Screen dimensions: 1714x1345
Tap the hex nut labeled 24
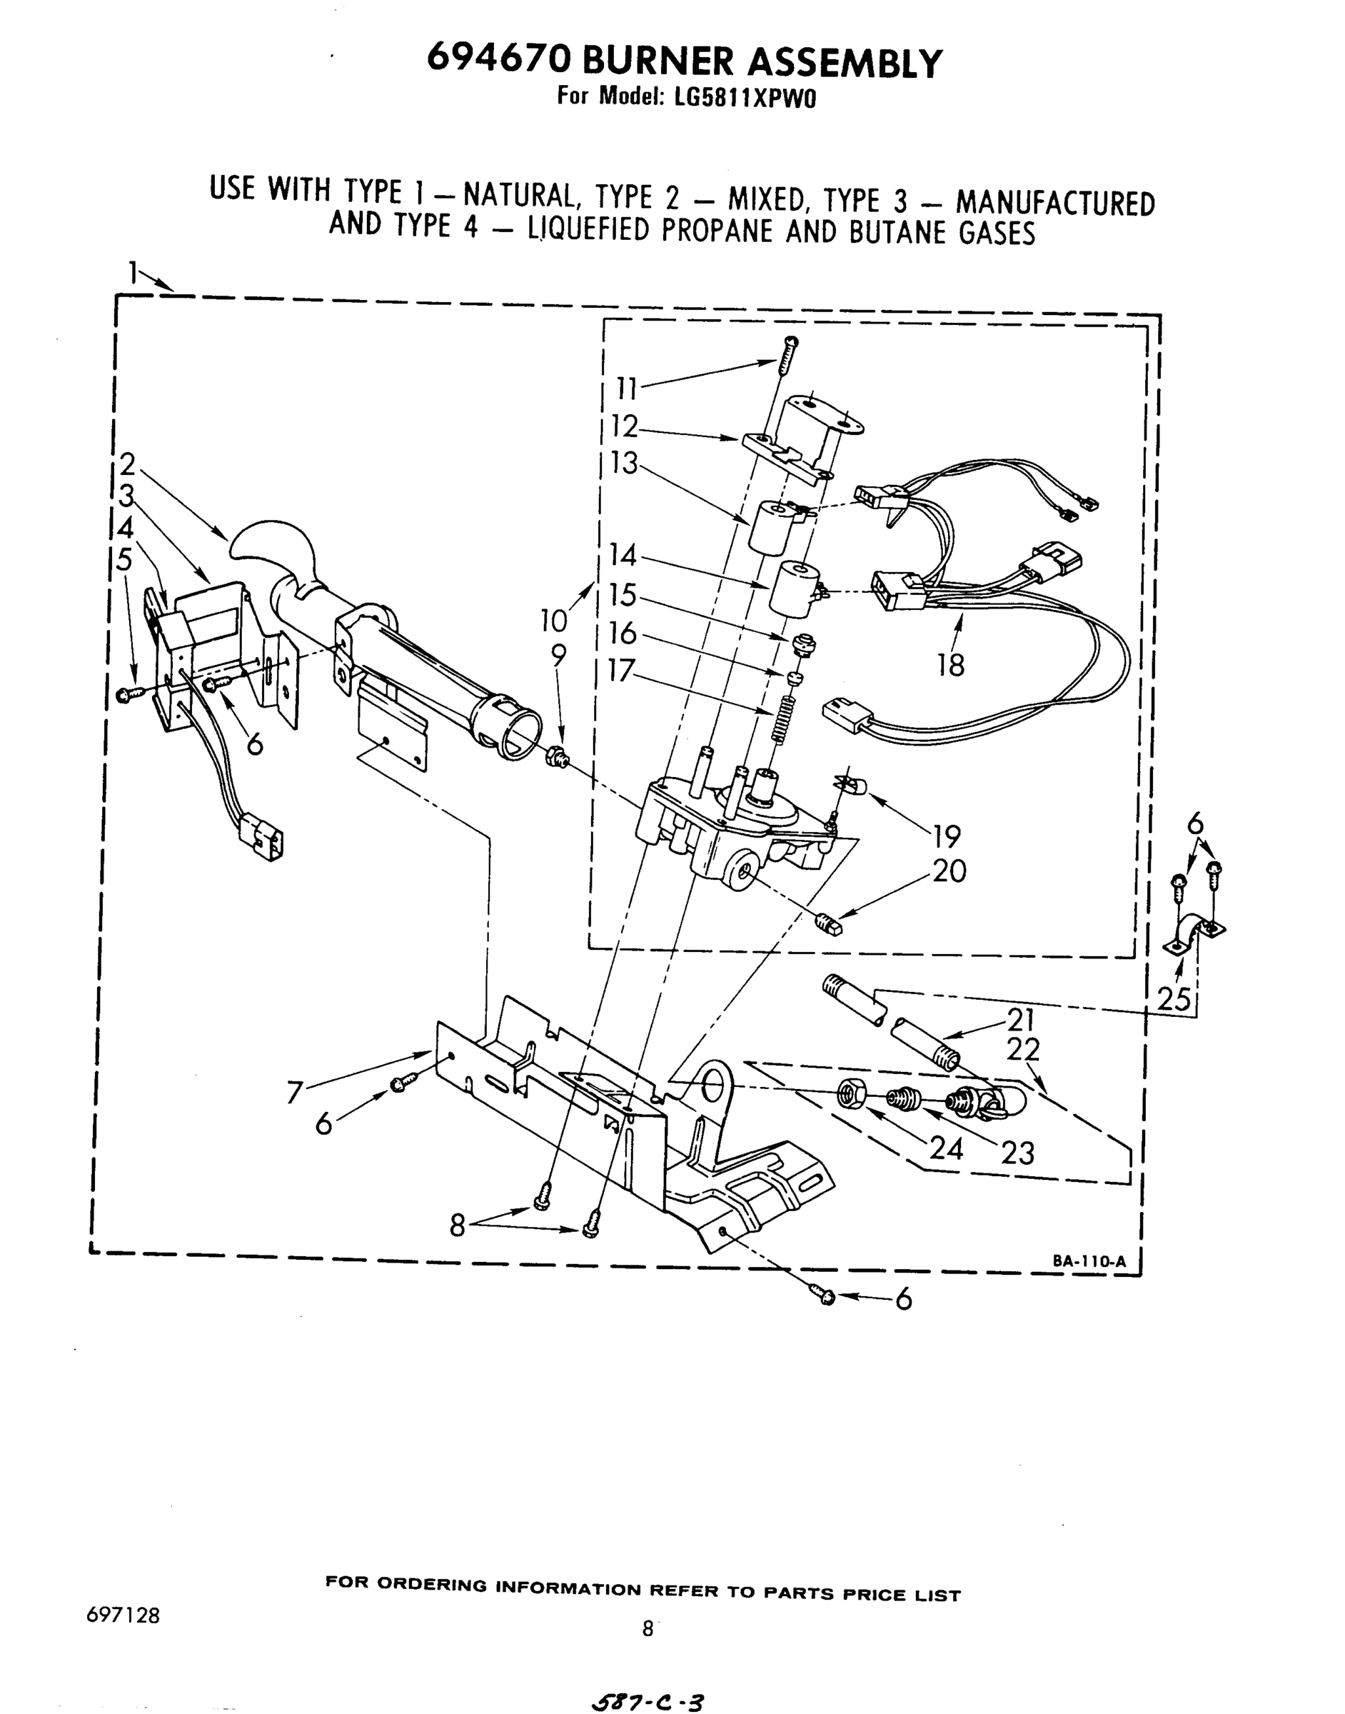(x=853, y=1095)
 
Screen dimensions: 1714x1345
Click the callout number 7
(x=296, y=1093)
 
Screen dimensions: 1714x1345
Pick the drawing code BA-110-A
(x=1089, y=1261)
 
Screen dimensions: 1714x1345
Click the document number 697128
(x=124, y=1615)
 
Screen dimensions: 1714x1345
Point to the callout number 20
(x=949, y=871)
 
